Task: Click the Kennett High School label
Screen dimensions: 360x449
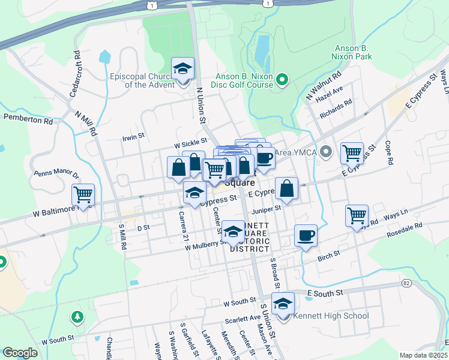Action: click(331, 316)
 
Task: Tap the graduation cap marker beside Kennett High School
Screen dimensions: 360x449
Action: click(283, 305)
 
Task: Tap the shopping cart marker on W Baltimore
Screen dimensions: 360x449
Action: click(83, 194)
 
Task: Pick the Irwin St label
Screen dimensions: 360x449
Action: click(133, 136)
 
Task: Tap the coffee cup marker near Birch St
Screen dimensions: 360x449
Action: click(306, 235)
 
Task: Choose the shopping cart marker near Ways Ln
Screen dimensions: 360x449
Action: click(357, 215)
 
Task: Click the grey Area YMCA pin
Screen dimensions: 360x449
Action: click(326, 151)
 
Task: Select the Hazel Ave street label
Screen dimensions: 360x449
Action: click(329, 93)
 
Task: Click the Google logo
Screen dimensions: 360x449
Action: click(20, 353)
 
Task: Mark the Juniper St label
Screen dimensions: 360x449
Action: click(268, 208)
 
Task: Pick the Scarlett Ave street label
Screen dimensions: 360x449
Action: click(243, 317)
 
